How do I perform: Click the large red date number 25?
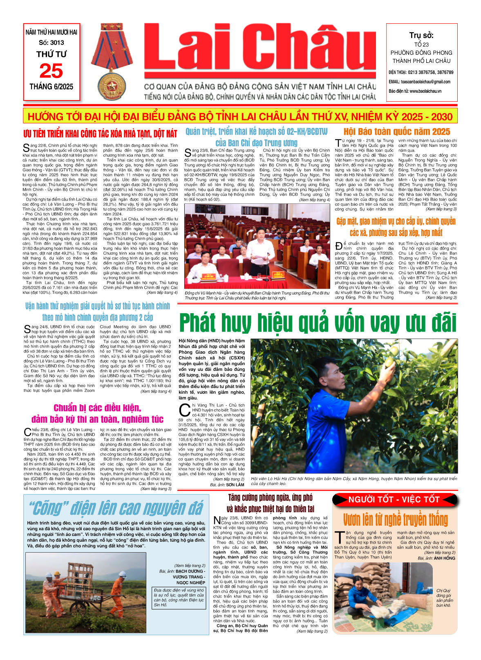point(51,71)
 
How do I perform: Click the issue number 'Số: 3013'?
point(51,42)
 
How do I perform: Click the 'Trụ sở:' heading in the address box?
point(421,36)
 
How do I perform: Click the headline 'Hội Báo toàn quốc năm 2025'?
point(396,132)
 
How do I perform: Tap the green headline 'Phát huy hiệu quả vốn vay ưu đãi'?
point(318,323)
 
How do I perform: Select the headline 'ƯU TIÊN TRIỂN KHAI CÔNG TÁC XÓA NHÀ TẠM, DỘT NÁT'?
point(100,134)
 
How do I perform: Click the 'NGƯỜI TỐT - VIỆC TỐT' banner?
point(394,499)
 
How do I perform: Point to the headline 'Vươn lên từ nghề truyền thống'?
point(395,520)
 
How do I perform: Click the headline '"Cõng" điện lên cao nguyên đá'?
point(116,508)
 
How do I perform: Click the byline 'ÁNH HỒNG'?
point(444,558)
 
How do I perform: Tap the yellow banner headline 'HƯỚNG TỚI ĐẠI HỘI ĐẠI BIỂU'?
point(240,117)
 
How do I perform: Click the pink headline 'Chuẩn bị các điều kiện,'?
point(97,408)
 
